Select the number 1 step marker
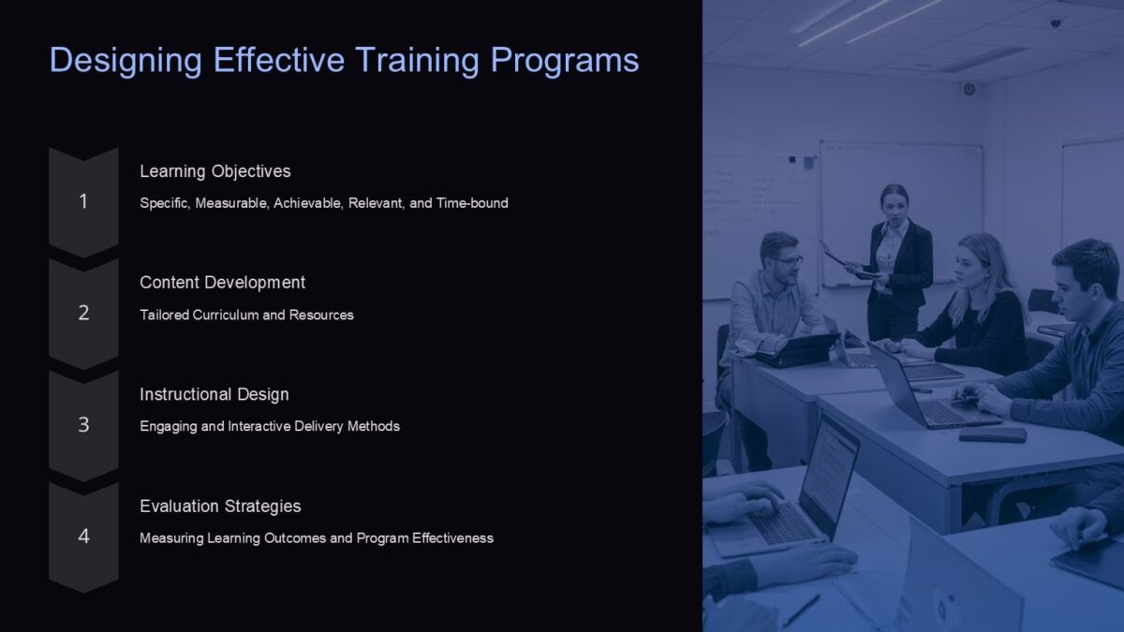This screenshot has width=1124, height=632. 83,201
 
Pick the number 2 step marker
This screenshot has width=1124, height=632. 83,314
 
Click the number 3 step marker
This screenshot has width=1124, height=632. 83,425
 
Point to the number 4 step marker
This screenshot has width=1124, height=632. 83,536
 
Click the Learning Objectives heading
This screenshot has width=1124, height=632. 215,171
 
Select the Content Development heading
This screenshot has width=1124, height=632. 222,283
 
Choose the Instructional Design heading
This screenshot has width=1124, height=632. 214,394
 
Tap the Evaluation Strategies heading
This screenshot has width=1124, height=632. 220,507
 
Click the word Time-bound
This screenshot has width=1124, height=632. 472,203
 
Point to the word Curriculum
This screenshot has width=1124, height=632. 225,316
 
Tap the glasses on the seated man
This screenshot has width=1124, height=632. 787,260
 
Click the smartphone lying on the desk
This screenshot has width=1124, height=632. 992,434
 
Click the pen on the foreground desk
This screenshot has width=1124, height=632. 801,610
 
